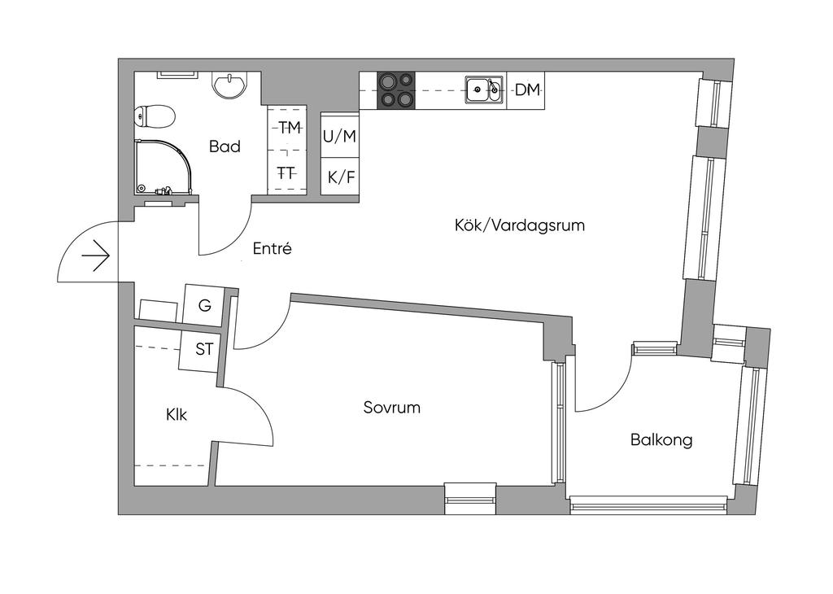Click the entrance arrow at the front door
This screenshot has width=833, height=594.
coord(96,257)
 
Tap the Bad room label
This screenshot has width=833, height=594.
coord(225,147)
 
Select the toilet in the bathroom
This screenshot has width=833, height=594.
coord(155,117)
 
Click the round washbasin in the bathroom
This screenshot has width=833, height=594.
coord(231,85)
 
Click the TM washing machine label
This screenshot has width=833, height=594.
coord(289,127)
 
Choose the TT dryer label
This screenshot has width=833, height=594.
coord(286,173)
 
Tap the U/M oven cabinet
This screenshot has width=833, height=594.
coord(340,137)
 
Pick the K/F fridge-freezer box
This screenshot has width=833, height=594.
coord(340,177)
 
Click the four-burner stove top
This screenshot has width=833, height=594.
coord(396,90)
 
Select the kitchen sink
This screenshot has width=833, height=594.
coord(485,90)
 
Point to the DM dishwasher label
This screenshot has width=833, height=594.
coord(527,90)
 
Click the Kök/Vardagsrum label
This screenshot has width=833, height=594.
coord(520,225)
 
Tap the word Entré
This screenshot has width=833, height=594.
coord(272,249)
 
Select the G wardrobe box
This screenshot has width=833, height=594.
coord(205,306)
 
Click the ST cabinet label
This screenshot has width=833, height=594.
coord(205,350)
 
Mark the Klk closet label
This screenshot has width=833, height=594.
coord(177,415)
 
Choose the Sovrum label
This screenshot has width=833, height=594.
coord(392,408)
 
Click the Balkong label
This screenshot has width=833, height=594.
coord(661,440)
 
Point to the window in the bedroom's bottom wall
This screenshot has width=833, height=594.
coord(470,497)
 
